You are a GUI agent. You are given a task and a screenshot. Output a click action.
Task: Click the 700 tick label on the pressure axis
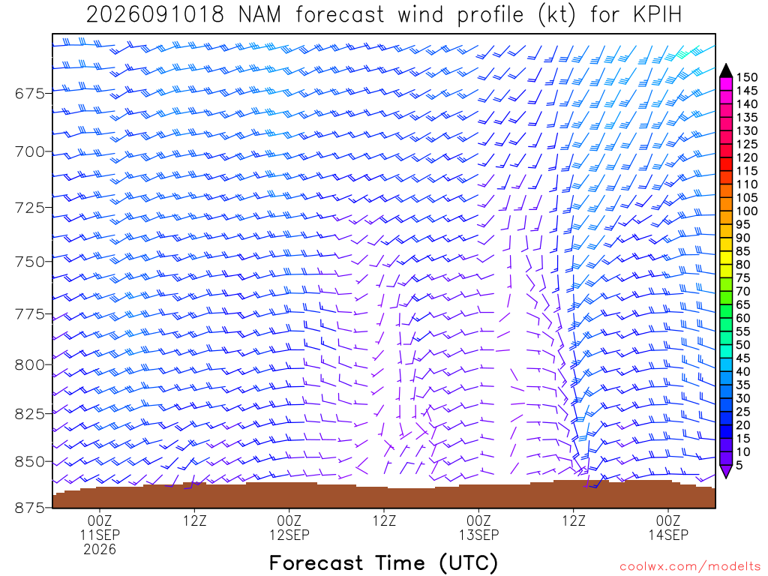coord(30,151)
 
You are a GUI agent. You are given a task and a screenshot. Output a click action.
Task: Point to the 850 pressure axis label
coord(30,461)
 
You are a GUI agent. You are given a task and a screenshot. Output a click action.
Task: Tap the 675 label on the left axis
coord(30,93)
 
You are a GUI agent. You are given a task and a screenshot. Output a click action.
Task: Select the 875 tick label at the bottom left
coord(30,508)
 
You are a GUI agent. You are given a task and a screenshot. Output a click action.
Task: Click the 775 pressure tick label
coord(30,313)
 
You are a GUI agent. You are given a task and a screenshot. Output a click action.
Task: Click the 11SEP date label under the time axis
coord(100,535)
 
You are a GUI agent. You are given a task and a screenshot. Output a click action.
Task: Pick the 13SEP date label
coord(478,535)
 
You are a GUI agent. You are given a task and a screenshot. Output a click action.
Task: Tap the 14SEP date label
coord(668,535)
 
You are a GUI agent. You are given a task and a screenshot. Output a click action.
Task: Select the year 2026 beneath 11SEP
coord(100,550)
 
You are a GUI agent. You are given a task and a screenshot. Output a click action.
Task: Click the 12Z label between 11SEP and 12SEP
coord(195,520)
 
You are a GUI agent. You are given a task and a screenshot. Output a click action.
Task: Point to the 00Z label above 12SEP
coord(289,520)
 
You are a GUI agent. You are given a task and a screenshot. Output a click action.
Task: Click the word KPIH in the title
coord(657,15)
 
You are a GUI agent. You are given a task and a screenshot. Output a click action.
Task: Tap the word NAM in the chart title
coord(259,15)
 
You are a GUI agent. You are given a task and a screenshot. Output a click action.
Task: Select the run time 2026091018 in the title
coord(155,15)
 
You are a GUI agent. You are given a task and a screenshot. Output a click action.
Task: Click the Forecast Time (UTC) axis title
coord(383,563)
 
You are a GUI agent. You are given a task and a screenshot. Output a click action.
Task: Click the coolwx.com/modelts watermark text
coord(690,567)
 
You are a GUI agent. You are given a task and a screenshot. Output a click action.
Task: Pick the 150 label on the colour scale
coord(747,77)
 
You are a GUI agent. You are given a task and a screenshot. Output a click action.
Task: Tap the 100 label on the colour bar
coord(747,211)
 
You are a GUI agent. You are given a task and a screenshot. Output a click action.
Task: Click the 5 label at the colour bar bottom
coord(739,465)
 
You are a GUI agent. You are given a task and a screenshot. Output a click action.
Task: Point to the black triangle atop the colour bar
coord(726,70)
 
